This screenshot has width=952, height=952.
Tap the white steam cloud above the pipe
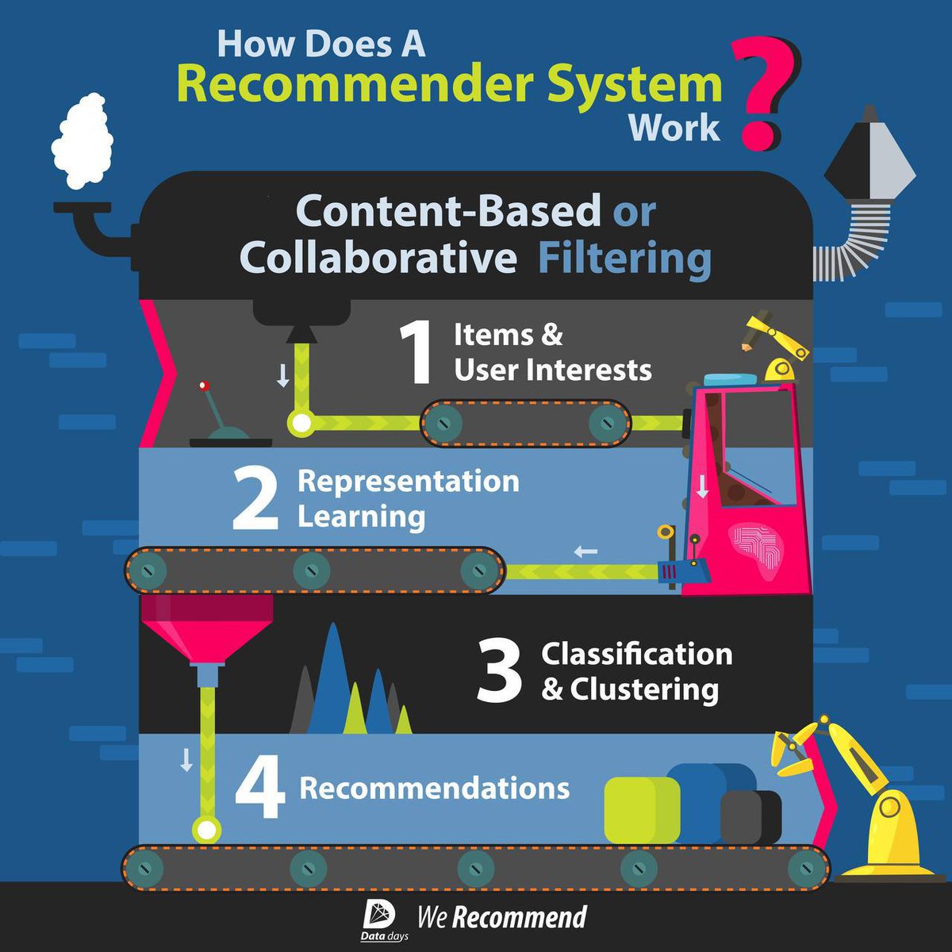[x=82, y=140]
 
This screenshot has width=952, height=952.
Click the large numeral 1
[x=416, y=353]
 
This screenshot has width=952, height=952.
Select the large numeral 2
[x=255, y=500]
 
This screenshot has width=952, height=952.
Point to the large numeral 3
[x=499, y=671]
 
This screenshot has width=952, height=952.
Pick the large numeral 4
[x=260, y=789]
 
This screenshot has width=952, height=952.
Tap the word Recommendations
[x=434, y=788]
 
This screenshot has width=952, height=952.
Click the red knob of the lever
[x=203, y=386]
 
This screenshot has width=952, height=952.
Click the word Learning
[x=361, y=517]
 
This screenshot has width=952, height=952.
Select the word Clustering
[x=644, y=690]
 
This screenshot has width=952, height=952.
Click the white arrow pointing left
[x=585, y=551]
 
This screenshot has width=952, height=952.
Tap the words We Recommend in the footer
[x=502, y=916]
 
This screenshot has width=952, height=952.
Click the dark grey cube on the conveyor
[x=750, y=817]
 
